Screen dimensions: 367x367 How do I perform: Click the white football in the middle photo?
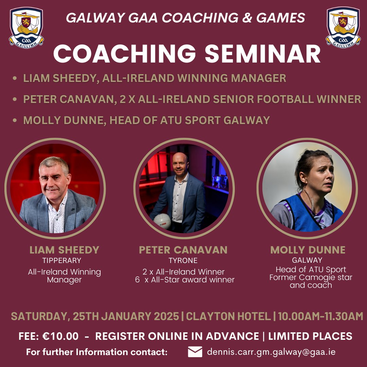162,222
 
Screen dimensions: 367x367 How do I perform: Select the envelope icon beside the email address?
195,352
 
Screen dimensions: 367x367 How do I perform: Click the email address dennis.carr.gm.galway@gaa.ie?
271,352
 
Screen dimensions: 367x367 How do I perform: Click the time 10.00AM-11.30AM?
320,316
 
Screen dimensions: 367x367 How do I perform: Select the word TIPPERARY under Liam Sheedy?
62,261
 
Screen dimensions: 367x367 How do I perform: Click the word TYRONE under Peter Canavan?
183,261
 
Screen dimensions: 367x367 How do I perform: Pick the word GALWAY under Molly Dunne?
308,261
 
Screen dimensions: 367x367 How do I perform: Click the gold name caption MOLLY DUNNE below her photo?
308,250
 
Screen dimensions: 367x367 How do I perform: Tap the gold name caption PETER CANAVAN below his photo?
183,250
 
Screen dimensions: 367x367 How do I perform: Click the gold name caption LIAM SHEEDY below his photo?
64,250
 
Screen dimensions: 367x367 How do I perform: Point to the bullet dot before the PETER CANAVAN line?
15,100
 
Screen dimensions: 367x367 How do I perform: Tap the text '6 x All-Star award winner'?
185,280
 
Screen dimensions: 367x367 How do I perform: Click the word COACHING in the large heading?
125,53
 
